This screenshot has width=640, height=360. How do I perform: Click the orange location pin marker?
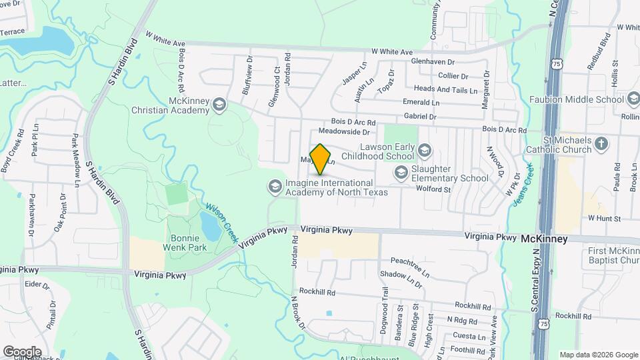(x=321, y=159)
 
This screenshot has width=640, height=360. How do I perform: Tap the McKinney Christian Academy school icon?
(x=219, y=105)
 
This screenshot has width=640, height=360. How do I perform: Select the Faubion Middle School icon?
(x=633, y=99)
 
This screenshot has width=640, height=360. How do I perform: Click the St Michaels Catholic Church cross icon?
(x=601, y=143)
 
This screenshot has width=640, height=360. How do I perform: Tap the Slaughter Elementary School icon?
(x=400, y=173)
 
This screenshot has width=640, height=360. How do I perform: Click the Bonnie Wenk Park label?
(x=184, y=243)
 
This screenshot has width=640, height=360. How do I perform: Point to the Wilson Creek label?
(x=221, y=222)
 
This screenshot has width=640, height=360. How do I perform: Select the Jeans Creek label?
(x=521, y=185)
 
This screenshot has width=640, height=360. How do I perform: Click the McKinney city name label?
(x=544, y=239)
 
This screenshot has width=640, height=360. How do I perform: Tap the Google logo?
(x=22, y=351)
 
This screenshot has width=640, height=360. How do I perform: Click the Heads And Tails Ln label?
(x=445, y=89)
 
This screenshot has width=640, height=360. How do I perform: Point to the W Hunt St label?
(x=604, y=218)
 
